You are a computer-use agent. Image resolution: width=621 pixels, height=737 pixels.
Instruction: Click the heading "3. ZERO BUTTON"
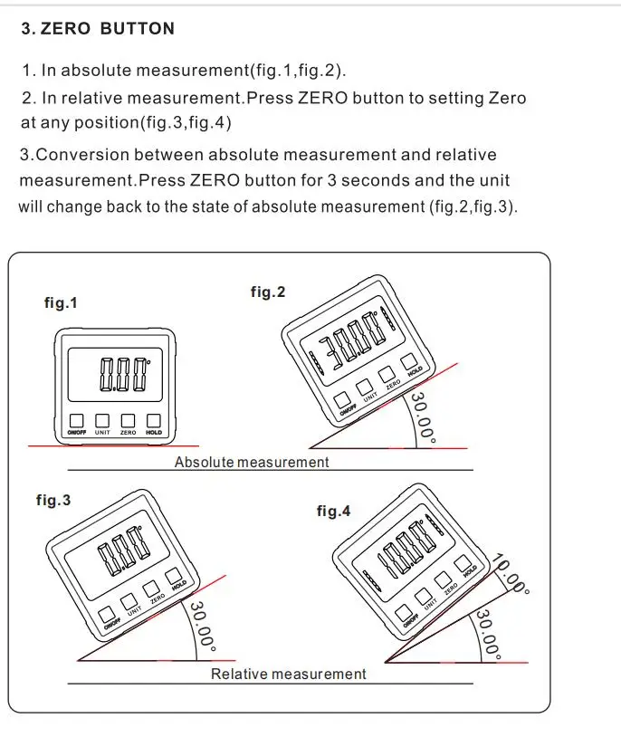pos(98,28)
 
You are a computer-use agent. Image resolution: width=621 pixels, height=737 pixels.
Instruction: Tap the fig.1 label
pos(61,303)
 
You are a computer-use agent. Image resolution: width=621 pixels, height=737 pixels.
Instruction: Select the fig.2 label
pos(268,292)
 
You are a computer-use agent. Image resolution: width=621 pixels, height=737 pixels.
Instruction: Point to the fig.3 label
pos(53,500)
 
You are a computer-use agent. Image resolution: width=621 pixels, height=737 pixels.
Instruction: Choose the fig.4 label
pos(333,512)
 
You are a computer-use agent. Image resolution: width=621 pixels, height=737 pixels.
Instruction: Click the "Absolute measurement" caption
pos(252,462)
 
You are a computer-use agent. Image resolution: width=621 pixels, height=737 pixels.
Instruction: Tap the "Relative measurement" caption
pos(289,674)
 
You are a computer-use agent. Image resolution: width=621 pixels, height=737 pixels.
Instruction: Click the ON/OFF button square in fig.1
pos(76,420)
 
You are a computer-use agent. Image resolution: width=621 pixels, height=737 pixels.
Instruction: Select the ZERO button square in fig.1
pos(129,420)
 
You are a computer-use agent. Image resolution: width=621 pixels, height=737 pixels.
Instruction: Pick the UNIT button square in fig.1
pos(102,420)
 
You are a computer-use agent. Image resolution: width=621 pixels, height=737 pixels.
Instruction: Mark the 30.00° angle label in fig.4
pos(491,634)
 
